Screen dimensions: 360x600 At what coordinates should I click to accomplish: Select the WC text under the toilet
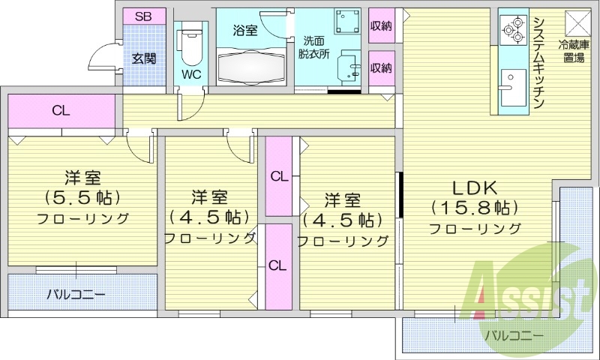(191, 75)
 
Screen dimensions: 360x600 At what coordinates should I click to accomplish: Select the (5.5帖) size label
(82, 199)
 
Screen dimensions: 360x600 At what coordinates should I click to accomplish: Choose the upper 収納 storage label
(381, 25)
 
